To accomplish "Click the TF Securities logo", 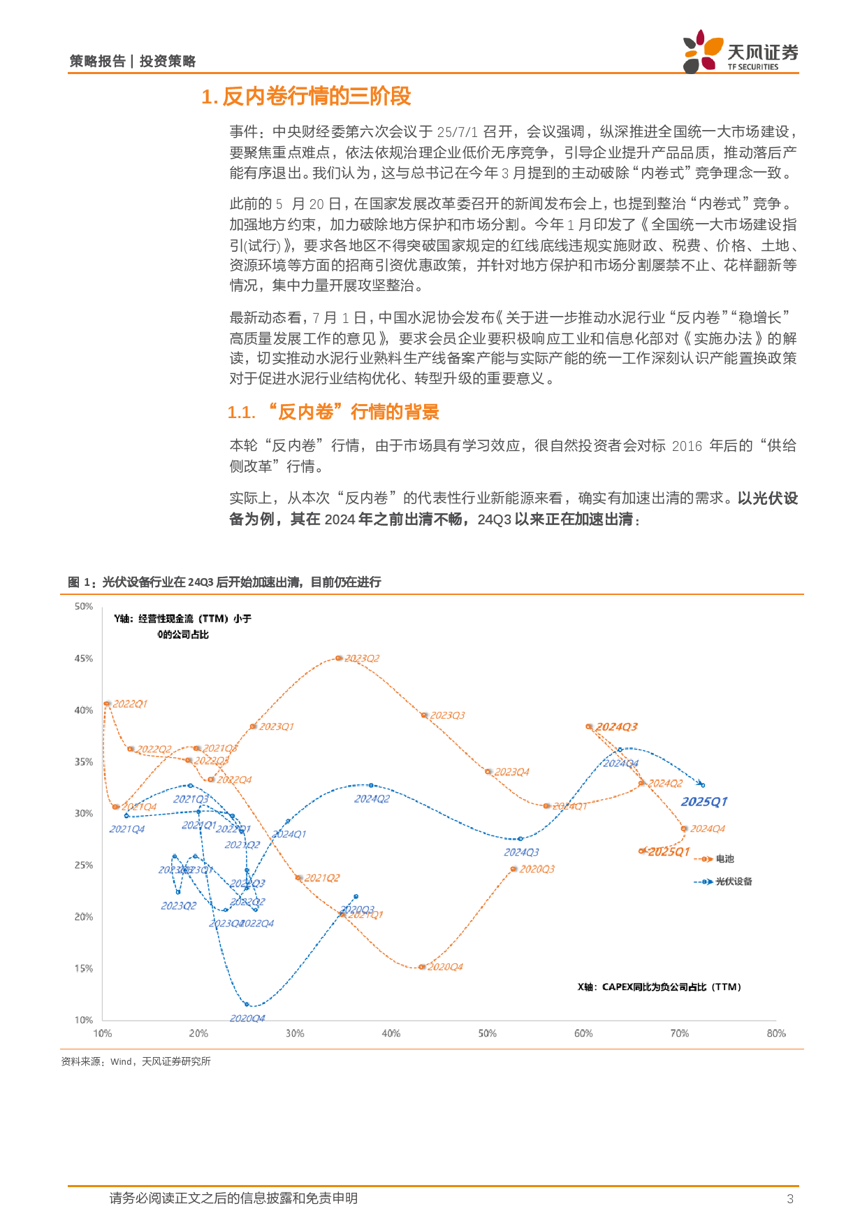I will tap(740, 51).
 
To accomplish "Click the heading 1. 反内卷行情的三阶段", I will tap(306, 96).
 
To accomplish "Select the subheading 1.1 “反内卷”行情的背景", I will tap(333, 412).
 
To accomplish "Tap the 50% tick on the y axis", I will tap(84, 606).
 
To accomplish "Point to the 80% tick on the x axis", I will tap(775, 1033).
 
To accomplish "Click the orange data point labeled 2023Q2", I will tap(339, 658).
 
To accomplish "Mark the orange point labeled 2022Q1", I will tap(107, 703).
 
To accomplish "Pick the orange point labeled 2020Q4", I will tap(421, 967).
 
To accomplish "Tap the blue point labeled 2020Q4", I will tap(247, 1005).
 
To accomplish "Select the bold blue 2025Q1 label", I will tap(704, 802).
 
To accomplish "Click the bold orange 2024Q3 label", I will tap(616, 727).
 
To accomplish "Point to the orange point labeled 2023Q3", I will tap(424, 715).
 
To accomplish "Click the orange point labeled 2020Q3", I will tap(513, 869).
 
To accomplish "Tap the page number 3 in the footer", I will tap(790, 1199).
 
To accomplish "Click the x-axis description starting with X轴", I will tap(659, 987).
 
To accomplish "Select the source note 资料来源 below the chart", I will tap(136, 1061).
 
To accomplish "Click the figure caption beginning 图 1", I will tap(224, 582).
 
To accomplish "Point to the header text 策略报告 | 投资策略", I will tap(133, 62).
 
